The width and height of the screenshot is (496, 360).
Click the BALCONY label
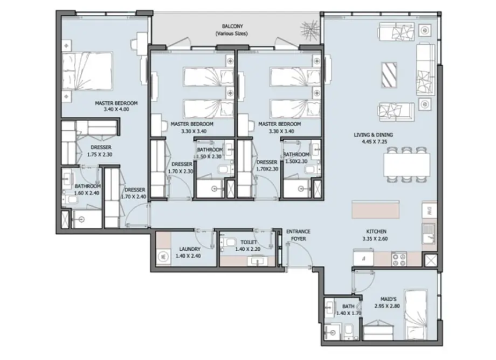click(232, 26)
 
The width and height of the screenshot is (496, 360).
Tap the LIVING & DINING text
click(373, 135)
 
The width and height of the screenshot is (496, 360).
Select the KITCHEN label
click(376, 231)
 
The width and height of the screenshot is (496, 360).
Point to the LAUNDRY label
click(190, 249)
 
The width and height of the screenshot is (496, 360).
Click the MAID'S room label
click(388, 299)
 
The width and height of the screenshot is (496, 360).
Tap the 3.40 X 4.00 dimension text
click(116, 109)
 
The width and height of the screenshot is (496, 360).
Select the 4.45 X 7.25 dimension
click(374, 142)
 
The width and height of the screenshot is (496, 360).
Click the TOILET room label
click(249, 243)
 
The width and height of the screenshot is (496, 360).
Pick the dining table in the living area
click(407, 165)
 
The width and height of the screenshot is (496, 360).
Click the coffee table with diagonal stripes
click(389, 74)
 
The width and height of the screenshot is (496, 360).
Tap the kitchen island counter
click(376, 209)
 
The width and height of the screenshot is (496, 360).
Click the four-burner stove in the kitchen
click(399, 259)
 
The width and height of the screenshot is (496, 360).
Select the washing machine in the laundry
click(163, 256)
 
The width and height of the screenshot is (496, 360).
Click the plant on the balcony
click(310, 29)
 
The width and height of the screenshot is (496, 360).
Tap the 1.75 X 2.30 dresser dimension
click(99, 155)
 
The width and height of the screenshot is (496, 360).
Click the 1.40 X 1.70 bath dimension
click(348, 313)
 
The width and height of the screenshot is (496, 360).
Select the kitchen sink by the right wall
click(430, 233)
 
